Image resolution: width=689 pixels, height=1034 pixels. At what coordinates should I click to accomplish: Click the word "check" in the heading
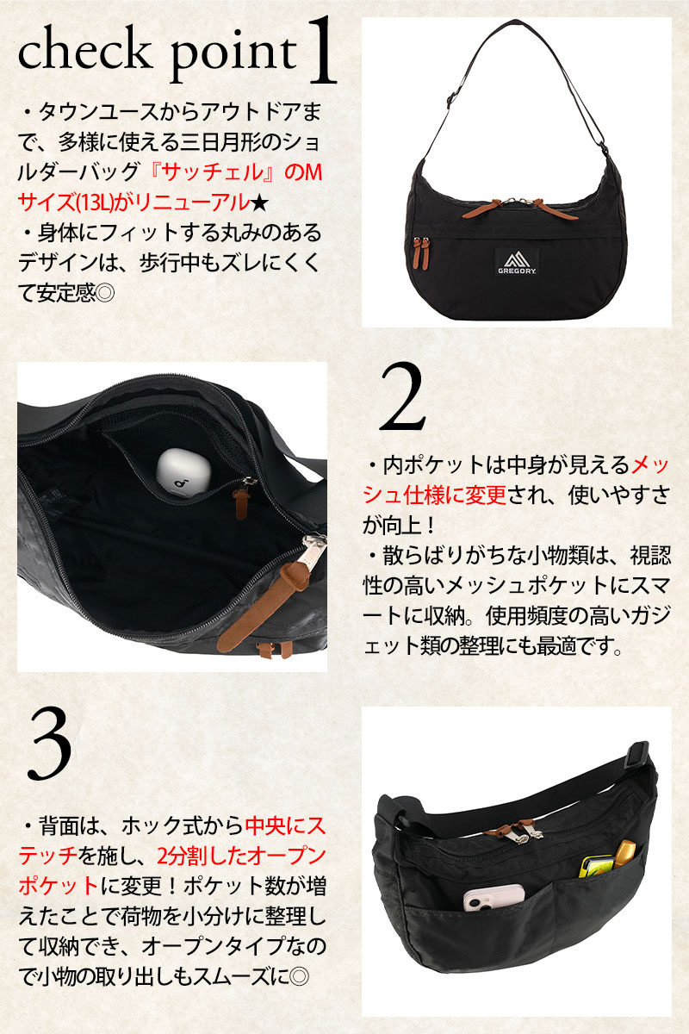[x=84, y=51]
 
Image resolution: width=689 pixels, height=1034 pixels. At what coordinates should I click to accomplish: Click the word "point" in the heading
[x=233, y=56]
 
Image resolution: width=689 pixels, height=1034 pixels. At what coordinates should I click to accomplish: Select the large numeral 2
[x=402, y=398]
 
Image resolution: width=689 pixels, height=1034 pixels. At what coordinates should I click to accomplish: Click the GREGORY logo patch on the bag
[x=517, y=262]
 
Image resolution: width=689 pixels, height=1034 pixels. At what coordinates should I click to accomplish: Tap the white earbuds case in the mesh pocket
[x=182, y=474]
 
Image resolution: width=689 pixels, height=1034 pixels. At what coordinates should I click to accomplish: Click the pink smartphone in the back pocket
[x=493, y=897]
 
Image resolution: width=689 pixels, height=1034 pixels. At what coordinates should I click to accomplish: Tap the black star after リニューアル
[x=258, y=203]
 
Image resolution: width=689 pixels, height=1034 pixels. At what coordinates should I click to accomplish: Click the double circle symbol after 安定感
[x=105, y=293]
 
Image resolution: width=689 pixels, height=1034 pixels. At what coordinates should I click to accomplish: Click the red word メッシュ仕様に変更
[x=515, y=481]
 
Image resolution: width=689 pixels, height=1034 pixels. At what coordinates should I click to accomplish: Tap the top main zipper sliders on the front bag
[x=520, y=207]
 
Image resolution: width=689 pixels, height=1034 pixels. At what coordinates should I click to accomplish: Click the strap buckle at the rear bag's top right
[x=636, y=756]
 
